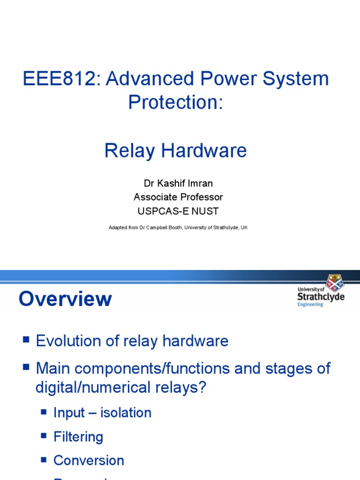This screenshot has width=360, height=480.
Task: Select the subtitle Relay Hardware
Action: click(175, 150)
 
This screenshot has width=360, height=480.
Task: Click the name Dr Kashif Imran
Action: click(175, 183)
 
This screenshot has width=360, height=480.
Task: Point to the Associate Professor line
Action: click(178, 197)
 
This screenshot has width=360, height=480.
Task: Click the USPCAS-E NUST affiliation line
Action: click(176, 211)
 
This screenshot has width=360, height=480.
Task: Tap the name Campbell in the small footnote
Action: click(153, 227)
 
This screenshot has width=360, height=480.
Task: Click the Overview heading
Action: click(65, 299)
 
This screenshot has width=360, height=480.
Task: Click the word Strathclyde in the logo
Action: click(321, 297)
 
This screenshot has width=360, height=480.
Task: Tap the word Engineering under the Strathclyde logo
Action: click(310, 305)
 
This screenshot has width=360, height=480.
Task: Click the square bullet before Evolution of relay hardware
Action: click(26, 339)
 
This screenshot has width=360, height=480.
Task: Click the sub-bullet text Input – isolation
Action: click(102, 412)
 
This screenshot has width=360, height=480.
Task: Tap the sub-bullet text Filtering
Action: click(78, 437)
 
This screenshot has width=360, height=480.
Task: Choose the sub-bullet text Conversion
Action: click(89, 460)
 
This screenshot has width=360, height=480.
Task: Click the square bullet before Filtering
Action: click(44, 436)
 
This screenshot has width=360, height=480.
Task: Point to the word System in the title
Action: click(296, 79)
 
